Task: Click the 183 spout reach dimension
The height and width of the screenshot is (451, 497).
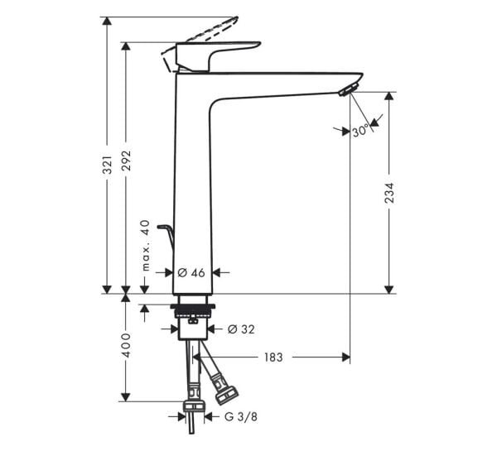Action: [273, 357]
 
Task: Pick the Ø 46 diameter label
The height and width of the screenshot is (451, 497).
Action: [191, 271]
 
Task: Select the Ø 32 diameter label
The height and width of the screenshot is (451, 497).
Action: [240, 329]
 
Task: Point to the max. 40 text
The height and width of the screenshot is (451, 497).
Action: [145, 246]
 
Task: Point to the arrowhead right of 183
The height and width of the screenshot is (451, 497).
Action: [345, 357]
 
